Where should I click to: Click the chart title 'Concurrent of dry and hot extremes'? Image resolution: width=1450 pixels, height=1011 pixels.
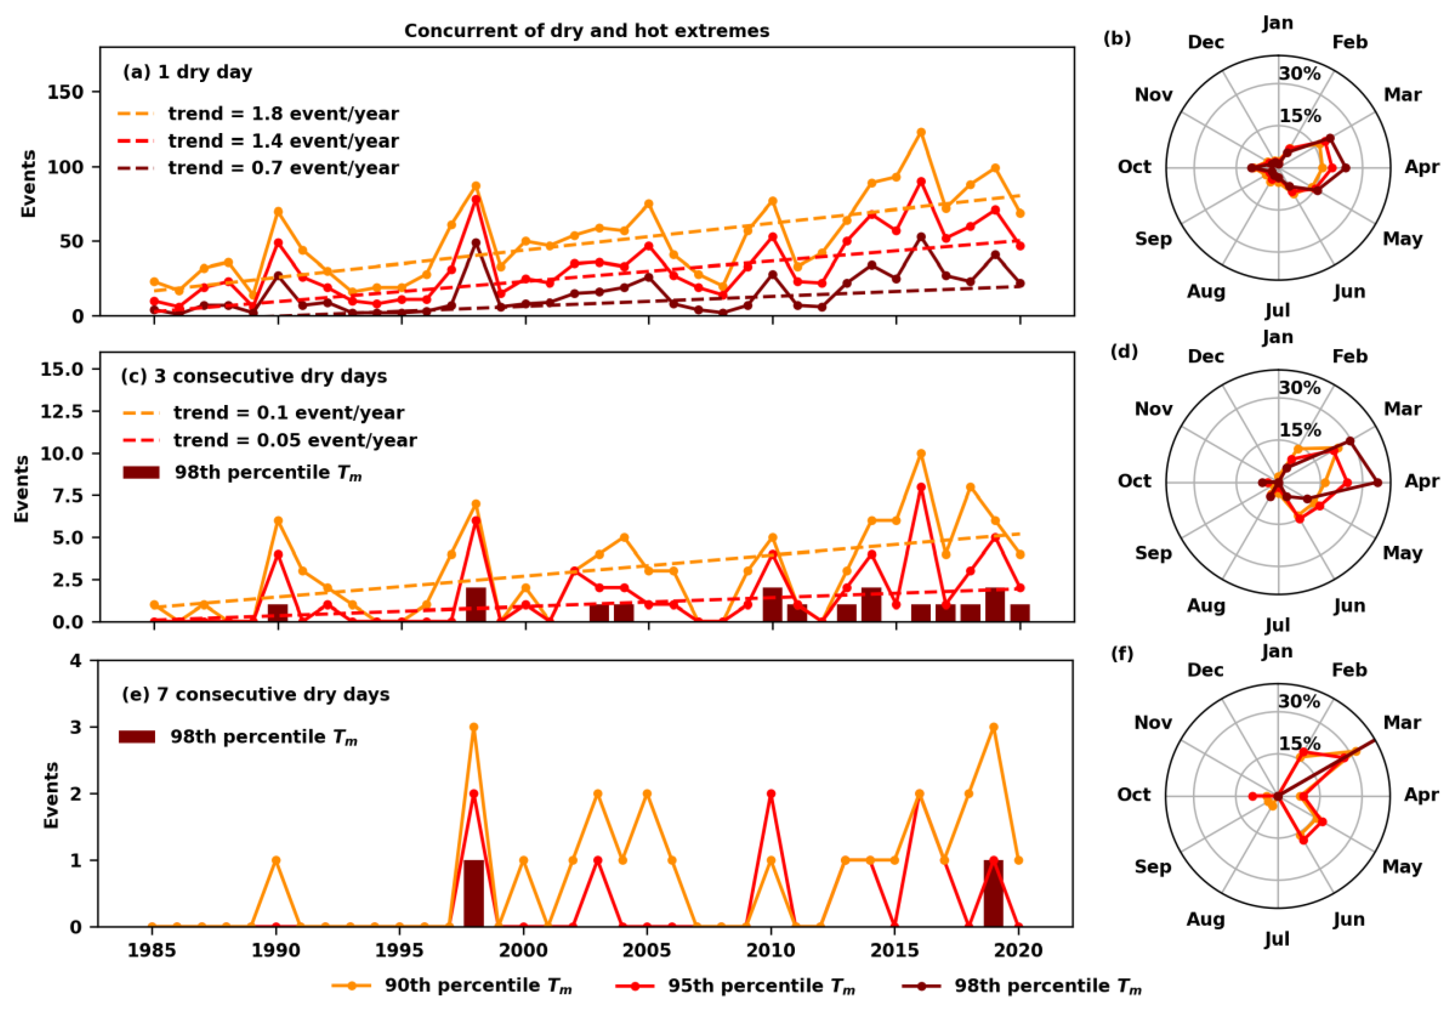[587, 31]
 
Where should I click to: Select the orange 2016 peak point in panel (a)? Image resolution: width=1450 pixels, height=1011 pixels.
[921, 132]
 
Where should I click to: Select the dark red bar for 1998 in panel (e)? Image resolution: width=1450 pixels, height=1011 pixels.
[474, 893]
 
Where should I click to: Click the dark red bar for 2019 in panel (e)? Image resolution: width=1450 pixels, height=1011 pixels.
[993, 893]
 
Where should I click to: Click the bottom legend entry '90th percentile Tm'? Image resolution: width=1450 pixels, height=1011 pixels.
[478, 986]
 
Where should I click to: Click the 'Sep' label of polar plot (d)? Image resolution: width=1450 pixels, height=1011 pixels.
[1153, 553]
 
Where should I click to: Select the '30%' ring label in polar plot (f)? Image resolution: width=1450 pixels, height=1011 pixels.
[1299, 701]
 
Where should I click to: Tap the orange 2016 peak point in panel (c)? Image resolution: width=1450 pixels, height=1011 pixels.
[921, 454]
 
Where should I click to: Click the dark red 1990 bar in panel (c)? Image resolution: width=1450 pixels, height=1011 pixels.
[278, 612]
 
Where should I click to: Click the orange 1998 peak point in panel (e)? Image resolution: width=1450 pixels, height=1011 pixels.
[474, 727]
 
